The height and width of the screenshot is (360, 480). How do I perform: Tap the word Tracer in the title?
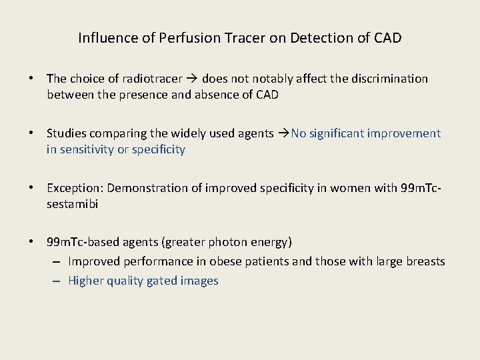tap(244, 38)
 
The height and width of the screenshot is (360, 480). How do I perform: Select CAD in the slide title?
tap(387, 38)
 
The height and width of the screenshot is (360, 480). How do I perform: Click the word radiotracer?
tap(148, 79)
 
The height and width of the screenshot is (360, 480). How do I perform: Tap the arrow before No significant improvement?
tap(283, 133)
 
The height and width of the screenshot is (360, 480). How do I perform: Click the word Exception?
tap(74, 188)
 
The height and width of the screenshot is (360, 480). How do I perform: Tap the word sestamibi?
tap(72, 204)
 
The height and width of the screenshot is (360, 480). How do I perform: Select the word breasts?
tap(424, 261)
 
